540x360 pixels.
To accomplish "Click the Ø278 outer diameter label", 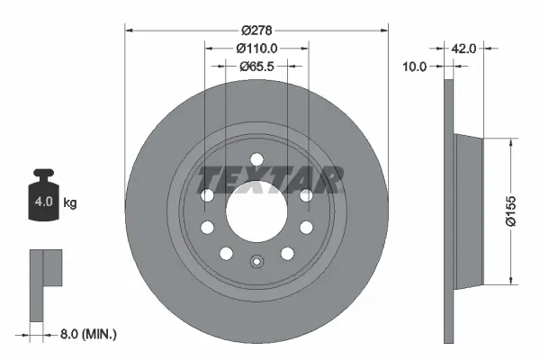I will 256,17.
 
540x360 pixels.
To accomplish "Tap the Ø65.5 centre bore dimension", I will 256,66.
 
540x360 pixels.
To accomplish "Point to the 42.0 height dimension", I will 463,49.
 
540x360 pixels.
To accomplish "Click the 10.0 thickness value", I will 415,66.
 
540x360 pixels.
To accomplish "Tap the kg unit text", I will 70,203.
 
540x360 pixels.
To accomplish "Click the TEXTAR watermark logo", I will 269,180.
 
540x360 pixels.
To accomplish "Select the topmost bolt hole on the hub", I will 256,159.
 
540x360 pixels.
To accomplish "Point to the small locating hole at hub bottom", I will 256,264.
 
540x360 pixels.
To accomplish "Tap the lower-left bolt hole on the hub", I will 226,252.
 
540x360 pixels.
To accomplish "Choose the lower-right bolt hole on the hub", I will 287,252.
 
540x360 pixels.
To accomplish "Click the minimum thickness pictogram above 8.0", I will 44,284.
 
